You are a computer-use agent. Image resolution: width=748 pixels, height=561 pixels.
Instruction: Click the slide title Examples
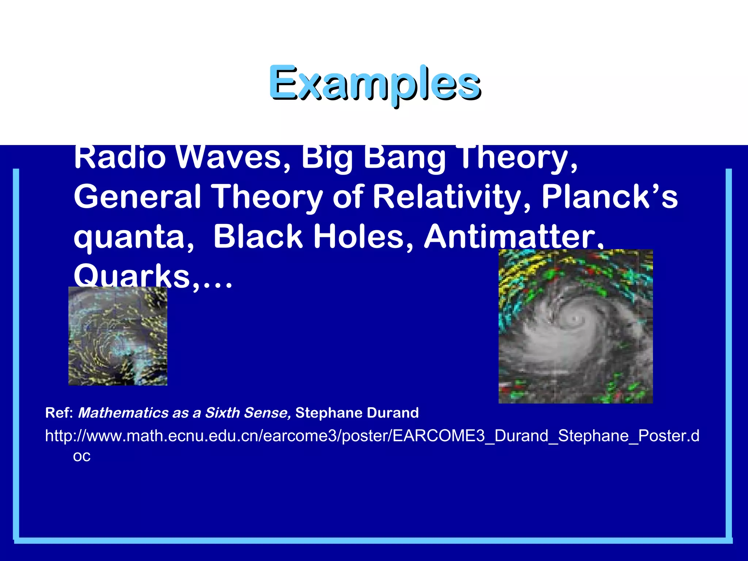pyautogui.click(x=375, y=83)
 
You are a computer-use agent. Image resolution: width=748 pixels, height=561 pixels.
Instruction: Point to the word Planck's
pyautogui.click(x=609, y=197)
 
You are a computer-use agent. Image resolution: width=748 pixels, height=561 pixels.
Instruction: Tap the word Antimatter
pyautogui.click(x=514, y=237)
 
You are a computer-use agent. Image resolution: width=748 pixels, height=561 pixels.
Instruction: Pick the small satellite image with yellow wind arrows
pyautogui.click(x=118, y=336)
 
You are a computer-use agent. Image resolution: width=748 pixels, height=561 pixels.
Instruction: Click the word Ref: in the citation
pyautogui.click(x=59, y=413)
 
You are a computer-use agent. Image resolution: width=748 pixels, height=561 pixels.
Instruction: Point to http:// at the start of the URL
pyautogui.click(x=65, y=436)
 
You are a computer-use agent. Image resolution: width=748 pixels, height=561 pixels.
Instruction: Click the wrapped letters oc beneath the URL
pyautogui.click(x=81, y=456)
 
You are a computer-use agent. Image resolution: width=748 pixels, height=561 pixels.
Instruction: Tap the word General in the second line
pyautogui.click(x=137, y=197)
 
